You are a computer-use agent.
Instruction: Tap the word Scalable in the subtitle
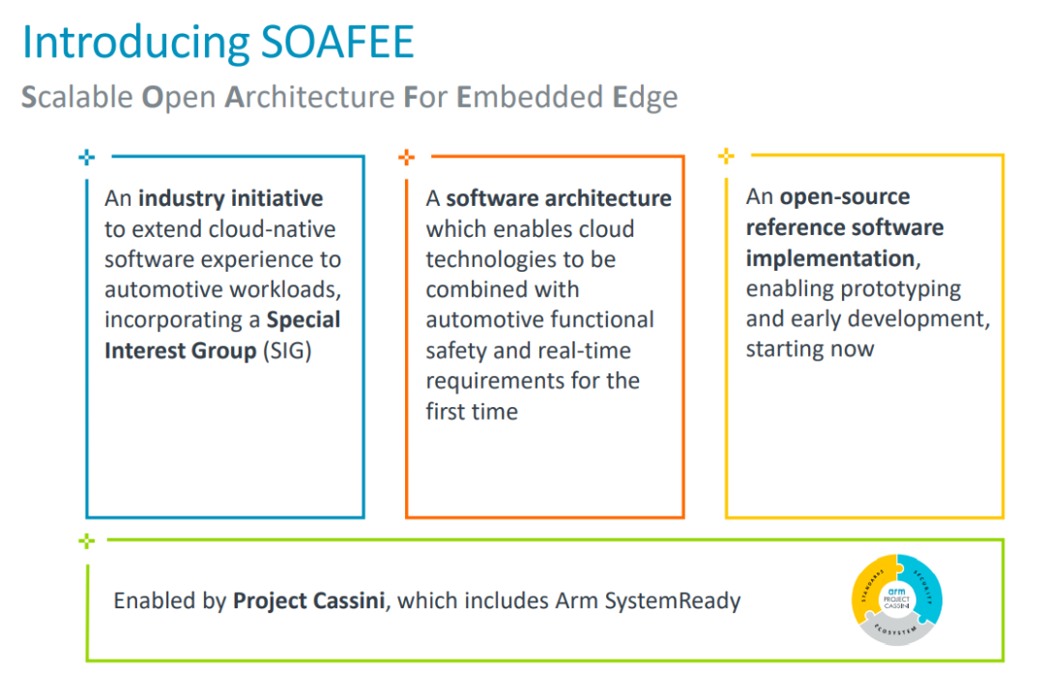(76, 98)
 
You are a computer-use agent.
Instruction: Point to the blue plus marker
(86, 157)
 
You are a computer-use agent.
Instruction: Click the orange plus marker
(407, 157)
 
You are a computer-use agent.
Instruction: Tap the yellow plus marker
(727, 156)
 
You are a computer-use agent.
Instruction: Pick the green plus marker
(87, 542)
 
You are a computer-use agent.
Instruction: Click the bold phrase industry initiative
(230, 199)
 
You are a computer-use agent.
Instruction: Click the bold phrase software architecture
(559, 199)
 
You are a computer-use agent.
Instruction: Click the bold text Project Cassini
(310, 601)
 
